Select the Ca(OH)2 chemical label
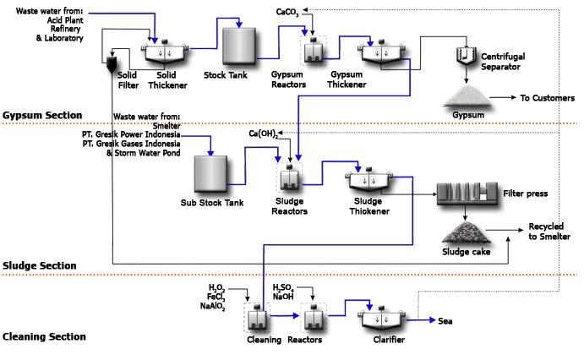point(263,134)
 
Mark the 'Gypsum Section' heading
point(42,115)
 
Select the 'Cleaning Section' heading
point(44,336)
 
